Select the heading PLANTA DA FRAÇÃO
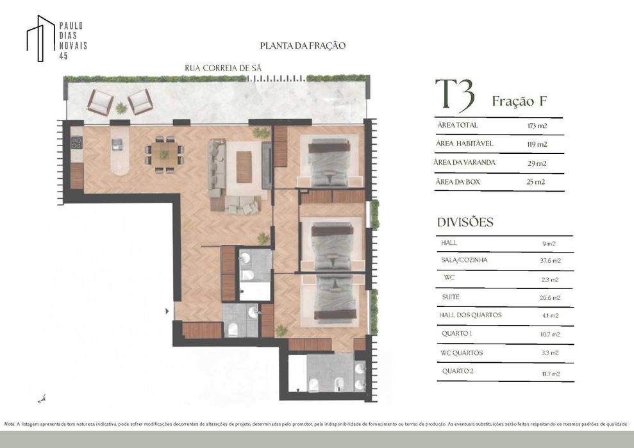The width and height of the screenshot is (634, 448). click(303, 46)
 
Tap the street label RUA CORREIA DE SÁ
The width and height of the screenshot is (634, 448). click(223, 68)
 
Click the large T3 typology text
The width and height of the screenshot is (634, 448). click(455, 96)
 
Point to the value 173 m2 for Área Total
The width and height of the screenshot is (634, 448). click(537, 126)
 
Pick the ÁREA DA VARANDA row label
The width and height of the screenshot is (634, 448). click(465, 163)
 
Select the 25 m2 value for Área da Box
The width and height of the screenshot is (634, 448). click(536, 182)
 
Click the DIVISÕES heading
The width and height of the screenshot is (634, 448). click(465, 222)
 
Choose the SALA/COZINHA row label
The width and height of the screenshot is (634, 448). click(464, 260)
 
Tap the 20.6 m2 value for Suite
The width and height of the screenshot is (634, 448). click(550, 297)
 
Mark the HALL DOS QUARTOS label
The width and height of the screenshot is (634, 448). click(471, 315)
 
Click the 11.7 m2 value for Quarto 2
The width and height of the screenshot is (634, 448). click(550, 373)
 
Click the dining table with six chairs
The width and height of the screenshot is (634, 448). click(164, 154)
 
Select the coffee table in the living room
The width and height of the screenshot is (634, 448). click(244, 167)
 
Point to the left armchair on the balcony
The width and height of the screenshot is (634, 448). click(101, 101)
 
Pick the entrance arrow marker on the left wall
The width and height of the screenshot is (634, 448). click(168, 311)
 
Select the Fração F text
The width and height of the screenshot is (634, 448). click(519, 101)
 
